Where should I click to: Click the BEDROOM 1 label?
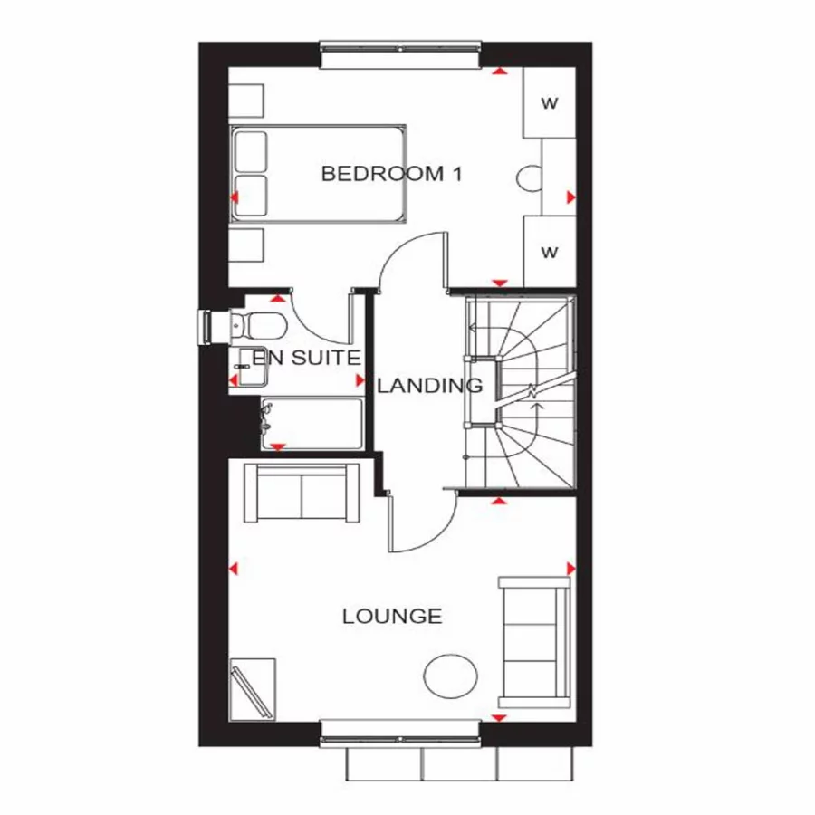[x=391, y=174]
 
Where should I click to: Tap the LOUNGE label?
[x=392, y=617]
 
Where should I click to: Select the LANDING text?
[x=430, y=386]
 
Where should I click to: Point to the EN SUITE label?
[x=306, y=358]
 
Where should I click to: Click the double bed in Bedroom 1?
[x=317, y=173]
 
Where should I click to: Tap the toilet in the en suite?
[x=263, y=324]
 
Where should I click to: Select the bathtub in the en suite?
[x=311, y=423]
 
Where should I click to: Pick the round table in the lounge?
[x=451, y=676]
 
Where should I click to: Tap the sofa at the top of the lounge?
[x=302, y=492]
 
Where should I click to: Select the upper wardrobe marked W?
[x=550, y=102]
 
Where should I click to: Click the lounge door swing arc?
[x=426, y=525]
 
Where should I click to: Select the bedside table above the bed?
[x=245, y=99]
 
